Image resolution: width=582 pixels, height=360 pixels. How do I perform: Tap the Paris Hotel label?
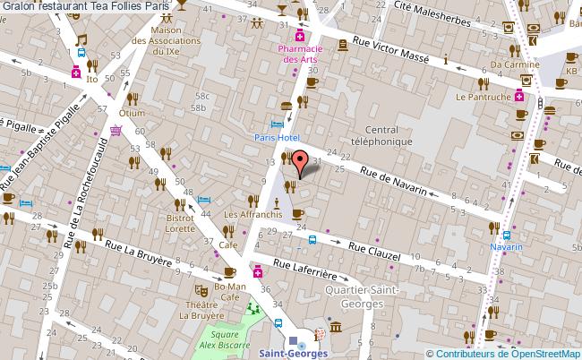coord(276,137)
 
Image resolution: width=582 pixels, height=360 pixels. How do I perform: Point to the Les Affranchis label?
coord(253,214)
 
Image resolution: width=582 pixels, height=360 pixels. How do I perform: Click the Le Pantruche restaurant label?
coord(483,96)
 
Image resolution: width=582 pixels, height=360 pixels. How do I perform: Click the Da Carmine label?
coord(515,65)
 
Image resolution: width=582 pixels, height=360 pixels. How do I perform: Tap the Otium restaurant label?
coord(132,113)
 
